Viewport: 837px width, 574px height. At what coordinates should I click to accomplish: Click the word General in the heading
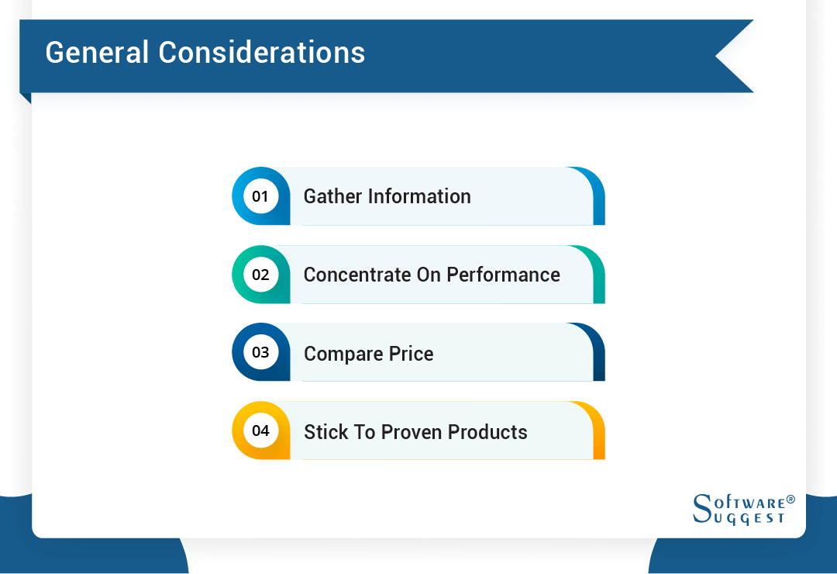point(97,53)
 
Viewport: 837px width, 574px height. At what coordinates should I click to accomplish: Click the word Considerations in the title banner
point(262,53)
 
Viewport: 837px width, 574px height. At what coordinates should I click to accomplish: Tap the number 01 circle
point(260,196)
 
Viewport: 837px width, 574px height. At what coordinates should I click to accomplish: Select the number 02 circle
point(260,275)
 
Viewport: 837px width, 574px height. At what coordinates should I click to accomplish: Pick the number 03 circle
point(260,353)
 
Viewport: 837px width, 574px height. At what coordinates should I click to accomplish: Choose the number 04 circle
point(260,431)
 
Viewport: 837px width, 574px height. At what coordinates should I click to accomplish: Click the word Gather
point(332,197)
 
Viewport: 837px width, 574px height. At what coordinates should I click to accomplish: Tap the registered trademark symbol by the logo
point(790,500)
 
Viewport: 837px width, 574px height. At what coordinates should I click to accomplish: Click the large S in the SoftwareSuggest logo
point(701,509)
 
